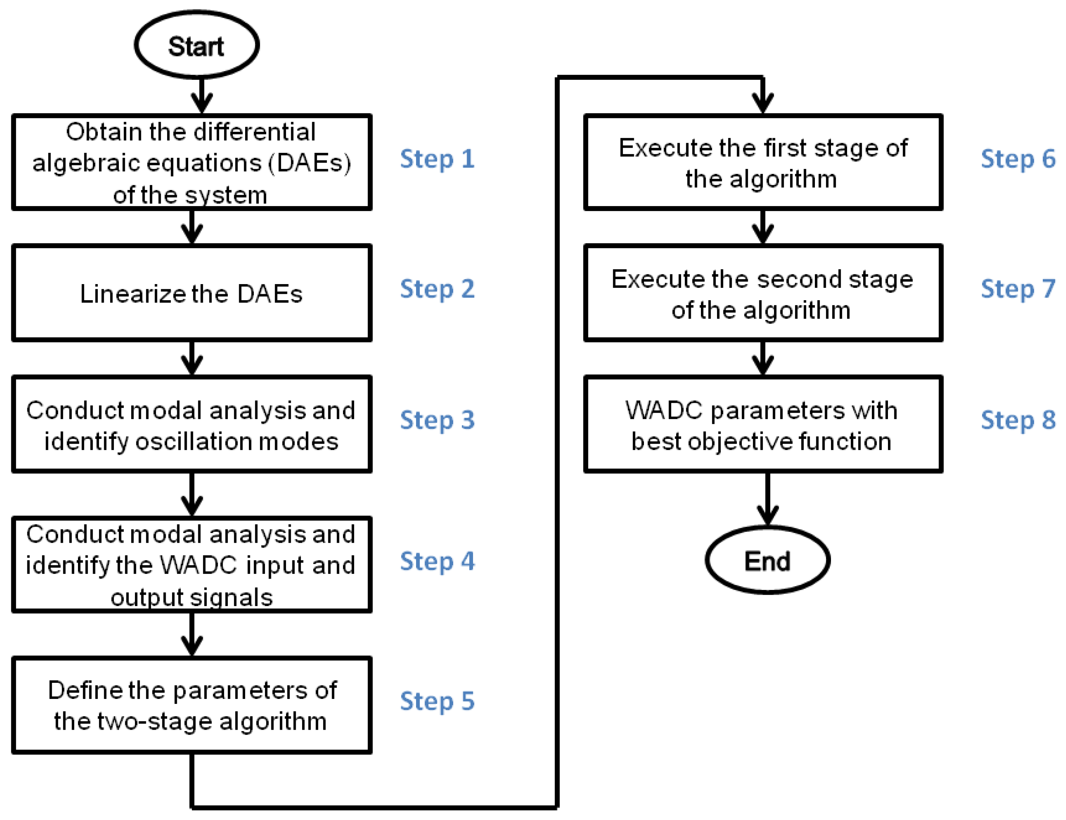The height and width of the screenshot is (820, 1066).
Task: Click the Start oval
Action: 197,45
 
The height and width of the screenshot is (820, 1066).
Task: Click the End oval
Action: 768,560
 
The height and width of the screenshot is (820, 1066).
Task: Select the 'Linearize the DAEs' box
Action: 192,293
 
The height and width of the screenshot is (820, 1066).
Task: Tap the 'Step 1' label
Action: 437,159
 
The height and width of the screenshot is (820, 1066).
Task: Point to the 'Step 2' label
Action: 437,289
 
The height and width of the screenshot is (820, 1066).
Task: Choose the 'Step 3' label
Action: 437,420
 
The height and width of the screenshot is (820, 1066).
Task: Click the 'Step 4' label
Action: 437,561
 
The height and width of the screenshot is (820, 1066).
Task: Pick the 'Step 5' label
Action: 437,701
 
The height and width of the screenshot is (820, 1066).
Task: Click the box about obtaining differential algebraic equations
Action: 192,162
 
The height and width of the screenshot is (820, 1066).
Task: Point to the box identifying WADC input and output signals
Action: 192,564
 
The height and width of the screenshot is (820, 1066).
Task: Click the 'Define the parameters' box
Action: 192,705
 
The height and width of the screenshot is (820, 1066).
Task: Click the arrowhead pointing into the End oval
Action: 768,515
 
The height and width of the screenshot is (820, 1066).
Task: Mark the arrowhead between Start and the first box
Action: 202,103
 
